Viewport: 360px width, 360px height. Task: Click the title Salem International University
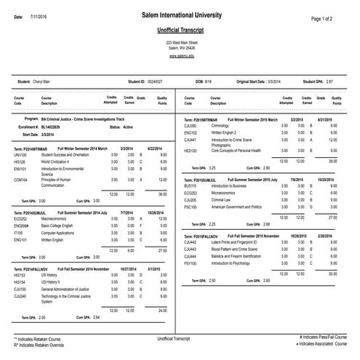point(181,16)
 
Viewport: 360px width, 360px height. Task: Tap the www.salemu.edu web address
point(181,55)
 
